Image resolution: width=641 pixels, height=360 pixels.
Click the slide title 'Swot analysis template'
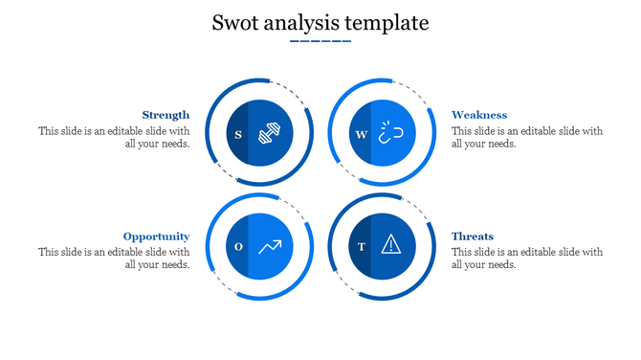[x=320, y=22]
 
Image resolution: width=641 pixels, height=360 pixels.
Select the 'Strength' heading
[x=166, y=115]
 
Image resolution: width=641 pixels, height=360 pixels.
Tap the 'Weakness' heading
[x=479, y=115]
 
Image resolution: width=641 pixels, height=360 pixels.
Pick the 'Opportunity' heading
[x=156, y=236]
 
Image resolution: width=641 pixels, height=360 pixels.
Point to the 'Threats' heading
[x=473, y=236]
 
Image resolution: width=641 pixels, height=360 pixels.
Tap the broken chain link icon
[x=390, y=133]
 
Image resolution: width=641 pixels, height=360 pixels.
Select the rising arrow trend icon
[x=270, y=247]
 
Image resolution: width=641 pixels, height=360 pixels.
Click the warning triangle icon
[x=390, y=245]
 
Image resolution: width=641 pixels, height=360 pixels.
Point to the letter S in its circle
[x=237, y=134]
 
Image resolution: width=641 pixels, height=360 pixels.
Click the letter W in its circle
[x=361, y=134]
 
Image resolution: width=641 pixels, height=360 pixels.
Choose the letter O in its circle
[x=238, y=247]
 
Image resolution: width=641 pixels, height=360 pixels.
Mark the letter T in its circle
[x=361, y=247]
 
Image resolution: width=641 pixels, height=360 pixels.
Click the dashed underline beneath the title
[x=320, y=42]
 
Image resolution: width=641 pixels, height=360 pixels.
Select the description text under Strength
[x=114, y=137]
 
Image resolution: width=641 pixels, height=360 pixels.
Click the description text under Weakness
[x=527, y=137]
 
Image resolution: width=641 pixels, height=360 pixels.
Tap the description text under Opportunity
[x=114, y=259]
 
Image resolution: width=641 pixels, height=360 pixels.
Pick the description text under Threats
[x=527, y=259]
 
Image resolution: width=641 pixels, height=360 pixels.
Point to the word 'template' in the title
[x=391, y=23]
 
